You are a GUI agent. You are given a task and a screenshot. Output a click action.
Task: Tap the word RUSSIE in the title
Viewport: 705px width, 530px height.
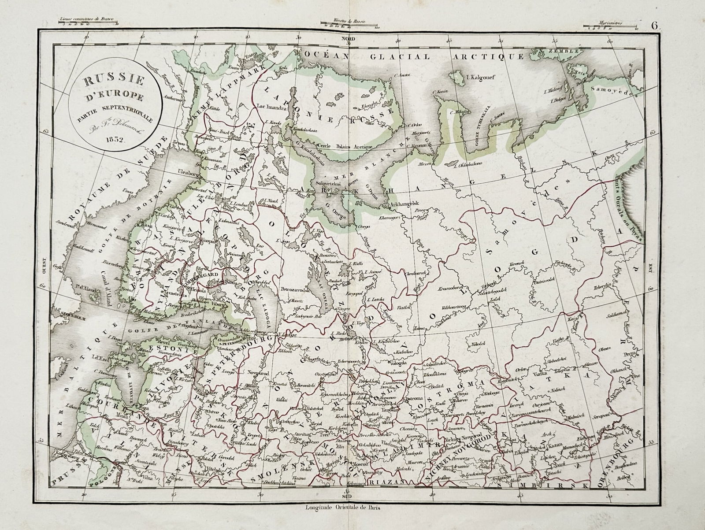114,82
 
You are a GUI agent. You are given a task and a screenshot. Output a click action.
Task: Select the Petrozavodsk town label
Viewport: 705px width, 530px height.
296,290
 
